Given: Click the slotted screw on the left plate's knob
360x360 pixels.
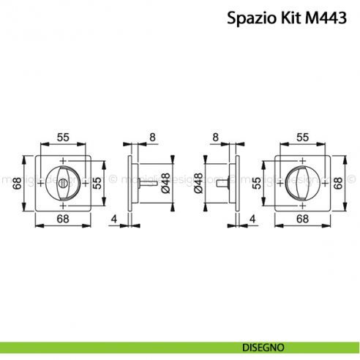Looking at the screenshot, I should point(63,181).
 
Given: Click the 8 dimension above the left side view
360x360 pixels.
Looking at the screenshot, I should point(152,136).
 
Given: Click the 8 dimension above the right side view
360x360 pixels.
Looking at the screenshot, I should point(214,136).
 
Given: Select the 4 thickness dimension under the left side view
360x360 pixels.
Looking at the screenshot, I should point(113,219).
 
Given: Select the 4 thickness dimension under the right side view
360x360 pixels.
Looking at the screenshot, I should point(252,219).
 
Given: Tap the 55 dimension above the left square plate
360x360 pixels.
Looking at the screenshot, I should point(63,136).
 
